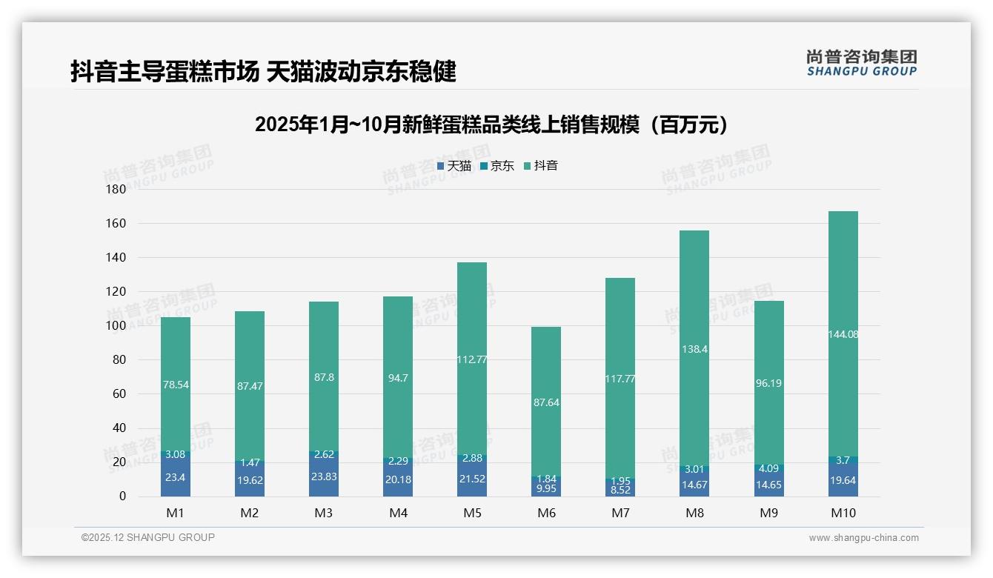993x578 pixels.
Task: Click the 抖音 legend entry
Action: coord(541,166)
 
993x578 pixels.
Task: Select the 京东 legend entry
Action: coord(497,166)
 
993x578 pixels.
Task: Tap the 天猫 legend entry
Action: coord(454,166)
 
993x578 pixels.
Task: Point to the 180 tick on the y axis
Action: coord(117,190)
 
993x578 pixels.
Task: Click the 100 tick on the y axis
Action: coord(117,326)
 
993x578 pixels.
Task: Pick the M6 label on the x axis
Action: coord(546,514)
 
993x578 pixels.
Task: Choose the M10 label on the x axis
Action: coord(843,514)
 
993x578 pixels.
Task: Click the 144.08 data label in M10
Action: coord(843,334)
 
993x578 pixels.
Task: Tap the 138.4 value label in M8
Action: coord(694,349)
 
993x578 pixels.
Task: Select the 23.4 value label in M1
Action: coord(176,478)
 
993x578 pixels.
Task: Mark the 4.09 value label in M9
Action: coord(768,468)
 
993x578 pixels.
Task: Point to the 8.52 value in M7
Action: coord(620,490)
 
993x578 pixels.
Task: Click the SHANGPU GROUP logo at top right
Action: coord(861,63)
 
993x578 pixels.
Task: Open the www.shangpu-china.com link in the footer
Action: coord(863,538)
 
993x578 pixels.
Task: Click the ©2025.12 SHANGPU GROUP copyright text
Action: coord(148,537)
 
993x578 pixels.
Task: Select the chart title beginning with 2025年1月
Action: coord(491,124)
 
